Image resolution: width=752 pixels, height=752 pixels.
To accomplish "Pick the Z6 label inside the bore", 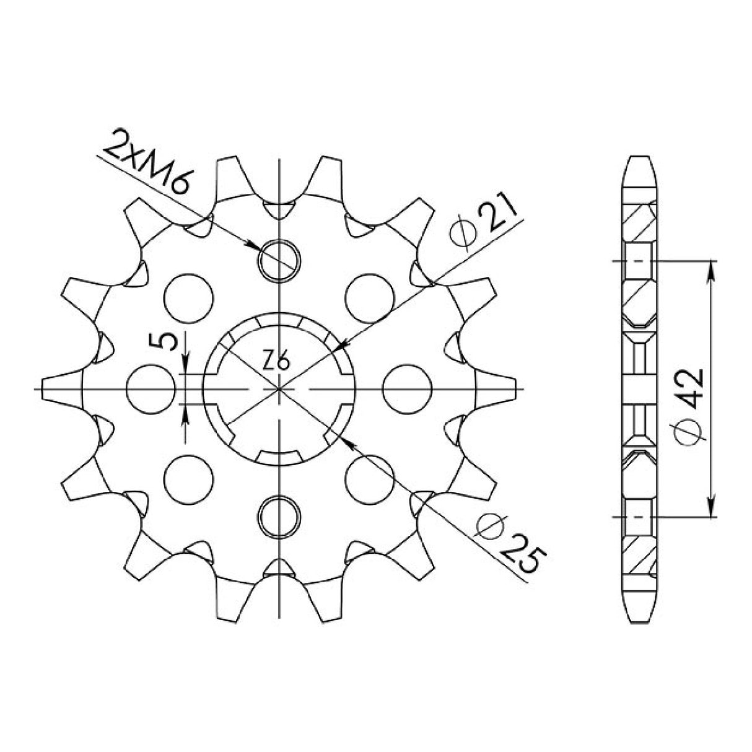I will tap(273, 360).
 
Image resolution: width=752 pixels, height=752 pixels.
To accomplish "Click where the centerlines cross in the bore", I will tap(280, 388).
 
